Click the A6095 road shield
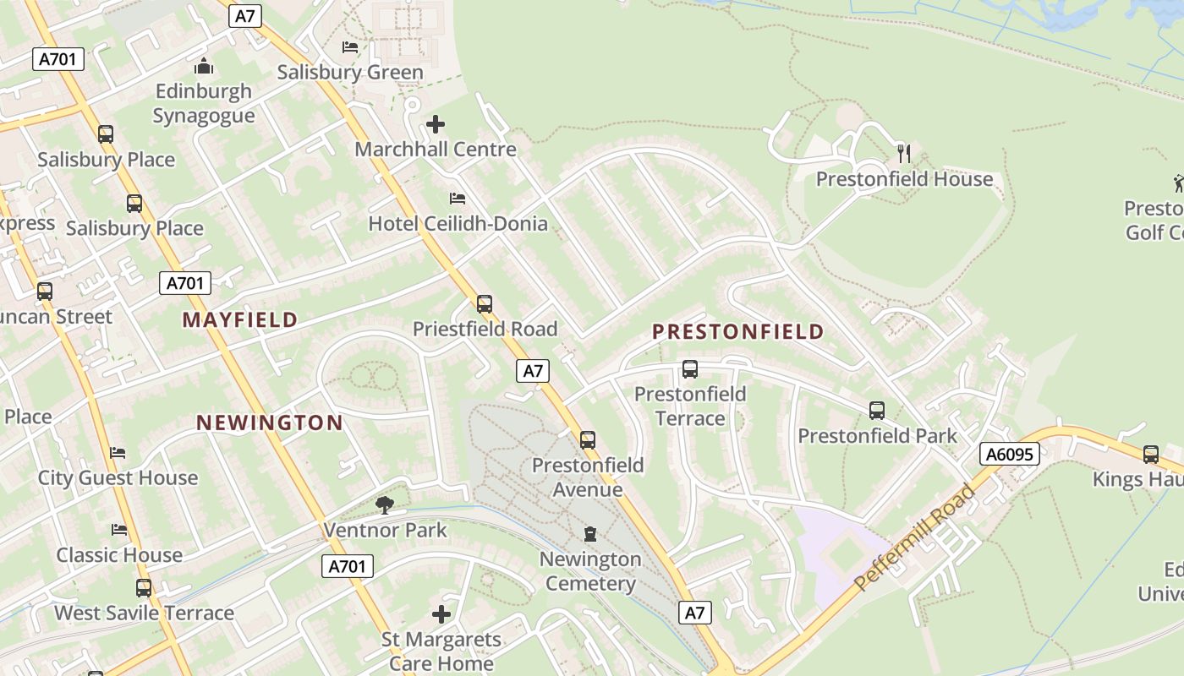[x=1010, y=454]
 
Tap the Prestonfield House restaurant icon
[x=904, y=153]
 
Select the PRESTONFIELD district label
[x=737, y=331]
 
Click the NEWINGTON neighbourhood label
[x=270, y=422]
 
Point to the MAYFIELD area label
[x=240, y=319]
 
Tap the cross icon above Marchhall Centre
[x=436, y=125]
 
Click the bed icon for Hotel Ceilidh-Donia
[x=458, y=199]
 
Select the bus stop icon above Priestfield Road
[x=485, y=303]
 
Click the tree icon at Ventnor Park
[x=385, y=505]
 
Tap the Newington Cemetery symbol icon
[x=589, y=533]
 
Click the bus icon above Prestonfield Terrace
[x=690, y=369]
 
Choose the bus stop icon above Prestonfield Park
[x=877, y=411]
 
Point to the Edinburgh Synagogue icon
[x=203, y=66]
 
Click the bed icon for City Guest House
[x=118, y=453]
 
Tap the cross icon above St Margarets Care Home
[x=441, y=614]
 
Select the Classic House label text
[x=119, y=555]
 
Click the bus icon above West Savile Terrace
[x=144, y=587]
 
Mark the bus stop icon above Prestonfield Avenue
[x=588, y=439]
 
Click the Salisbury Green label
[x=350, y=72]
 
